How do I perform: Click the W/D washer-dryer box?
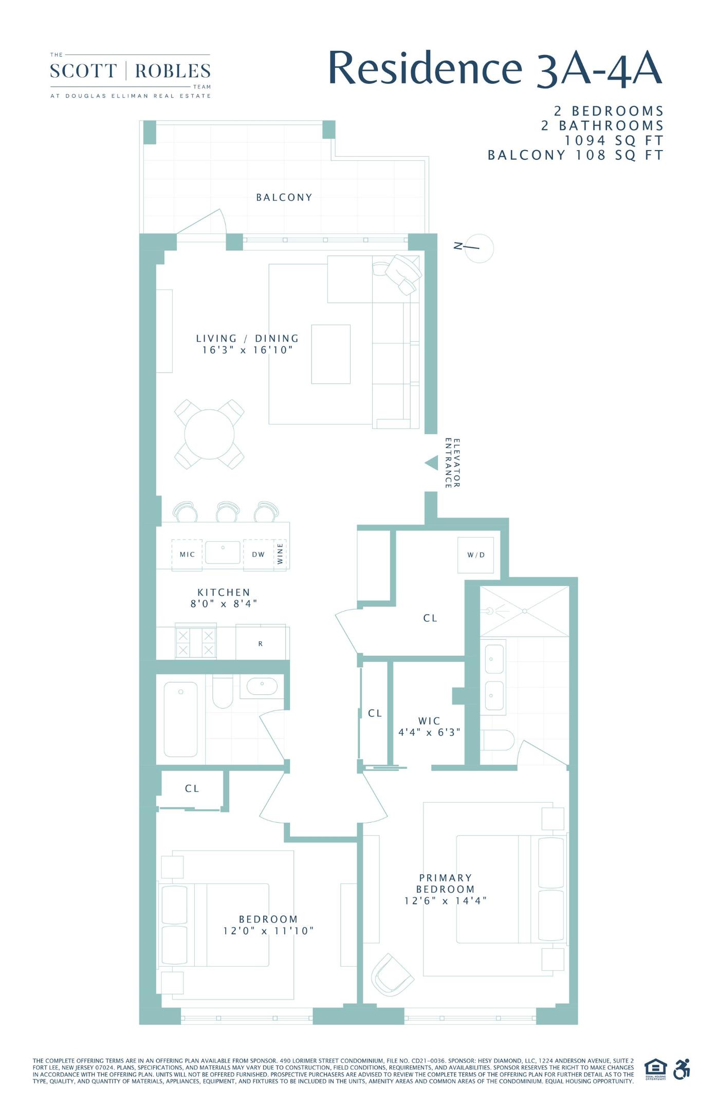pyautogui.click(x=475, y=555)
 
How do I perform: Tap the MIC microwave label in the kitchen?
pyautogui.click(x=187, y=554)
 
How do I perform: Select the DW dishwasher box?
pyautogui.click(x=258, y=554)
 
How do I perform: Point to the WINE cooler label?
pyautogui.click(x=281, y=553)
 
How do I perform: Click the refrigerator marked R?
pyautogui.click(x=261, y=643)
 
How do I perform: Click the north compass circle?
pyautogui.click(x=480, y=248)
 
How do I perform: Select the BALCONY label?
pyautogui.click(x=284, y=197)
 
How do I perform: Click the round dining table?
pyautogui.click(x=209, y=434)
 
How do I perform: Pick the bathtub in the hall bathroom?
pyautogui.click(x=180, y=719)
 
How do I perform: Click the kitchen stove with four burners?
pyautogui.click(x=195, y=643)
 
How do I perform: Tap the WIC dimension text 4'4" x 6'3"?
pyautogui.click(x=429, y=732)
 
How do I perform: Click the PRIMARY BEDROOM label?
pyautogui.click(x=445, y=883)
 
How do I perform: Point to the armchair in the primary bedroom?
pyautogui.click(x=392, y=975)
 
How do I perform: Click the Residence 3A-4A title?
pyautogui.click(x=494, y=68)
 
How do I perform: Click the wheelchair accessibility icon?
pyautogui.click(x=682, y=1070)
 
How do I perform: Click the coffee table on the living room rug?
pyautogui.click(x=330, y=354)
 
